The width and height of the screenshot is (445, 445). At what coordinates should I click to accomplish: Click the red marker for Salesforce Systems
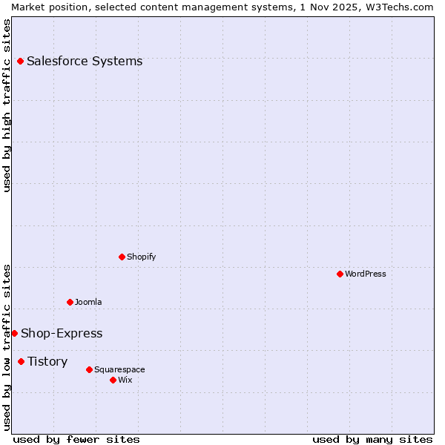20,61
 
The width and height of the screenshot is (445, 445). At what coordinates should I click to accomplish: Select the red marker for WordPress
340,274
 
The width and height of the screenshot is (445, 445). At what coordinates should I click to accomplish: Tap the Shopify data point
122,257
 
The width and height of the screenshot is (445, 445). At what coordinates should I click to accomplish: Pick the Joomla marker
70,302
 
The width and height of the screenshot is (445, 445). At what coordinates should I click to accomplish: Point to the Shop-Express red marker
14,333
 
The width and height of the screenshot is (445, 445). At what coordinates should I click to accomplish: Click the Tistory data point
21,361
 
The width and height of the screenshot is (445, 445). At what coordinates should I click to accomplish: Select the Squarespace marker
89,369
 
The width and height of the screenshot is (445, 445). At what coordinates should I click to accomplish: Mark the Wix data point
113,380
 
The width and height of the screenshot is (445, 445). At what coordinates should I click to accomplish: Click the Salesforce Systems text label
85,61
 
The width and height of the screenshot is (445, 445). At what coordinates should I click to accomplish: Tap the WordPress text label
366,274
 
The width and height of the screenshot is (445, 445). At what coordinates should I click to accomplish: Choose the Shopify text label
142,257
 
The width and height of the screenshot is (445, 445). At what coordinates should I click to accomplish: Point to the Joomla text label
88,302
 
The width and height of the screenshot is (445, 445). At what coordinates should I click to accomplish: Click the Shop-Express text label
62,333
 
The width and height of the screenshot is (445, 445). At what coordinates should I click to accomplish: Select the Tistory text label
47,361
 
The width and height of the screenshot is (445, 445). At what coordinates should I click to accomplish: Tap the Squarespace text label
119,369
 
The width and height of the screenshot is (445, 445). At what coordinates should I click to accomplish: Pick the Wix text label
125,380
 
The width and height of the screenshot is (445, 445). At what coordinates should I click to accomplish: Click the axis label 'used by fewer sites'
76,439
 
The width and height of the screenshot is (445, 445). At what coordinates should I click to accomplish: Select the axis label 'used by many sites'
372,439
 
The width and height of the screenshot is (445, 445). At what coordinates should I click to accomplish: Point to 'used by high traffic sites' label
7,105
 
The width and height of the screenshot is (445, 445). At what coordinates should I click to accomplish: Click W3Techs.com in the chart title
398,7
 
